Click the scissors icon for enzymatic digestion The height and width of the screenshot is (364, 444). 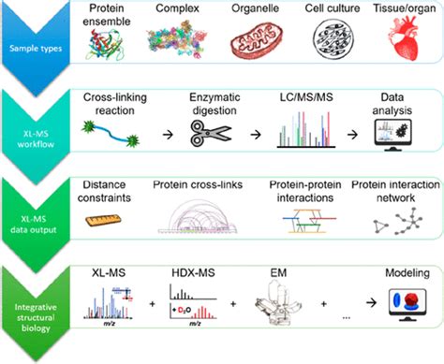208,137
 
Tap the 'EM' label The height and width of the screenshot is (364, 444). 274,272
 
